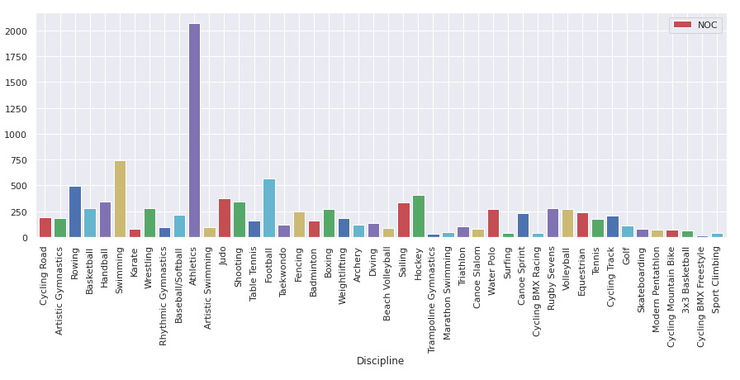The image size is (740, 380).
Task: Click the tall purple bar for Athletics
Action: (194, 132)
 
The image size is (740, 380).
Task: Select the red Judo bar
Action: (225, 219)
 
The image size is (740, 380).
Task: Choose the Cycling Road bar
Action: (45, 228)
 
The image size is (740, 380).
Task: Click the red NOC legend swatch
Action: (683, 25)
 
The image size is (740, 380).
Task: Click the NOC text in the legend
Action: (707, 25)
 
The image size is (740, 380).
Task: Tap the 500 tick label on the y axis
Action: (19, 187)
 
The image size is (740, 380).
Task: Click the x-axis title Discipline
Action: (380, 361)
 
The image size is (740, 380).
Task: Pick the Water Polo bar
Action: (493, 224)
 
